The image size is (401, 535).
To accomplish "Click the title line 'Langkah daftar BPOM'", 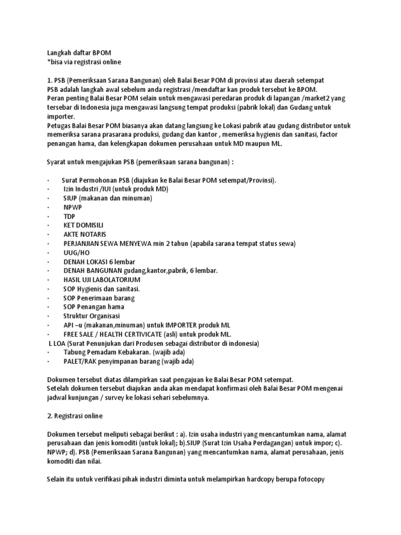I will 79,53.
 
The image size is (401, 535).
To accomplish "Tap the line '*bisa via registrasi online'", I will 84,62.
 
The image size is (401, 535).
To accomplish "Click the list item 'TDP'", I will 69,216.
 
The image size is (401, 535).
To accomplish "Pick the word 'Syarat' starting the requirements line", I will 57,162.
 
